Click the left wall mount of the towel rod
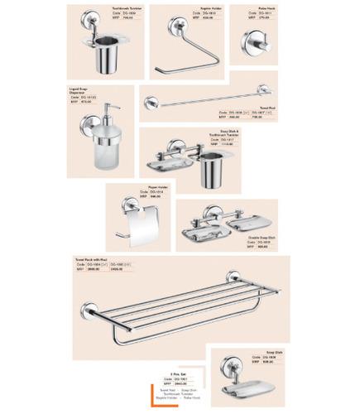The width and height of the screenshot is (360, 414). click(150, 103)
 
